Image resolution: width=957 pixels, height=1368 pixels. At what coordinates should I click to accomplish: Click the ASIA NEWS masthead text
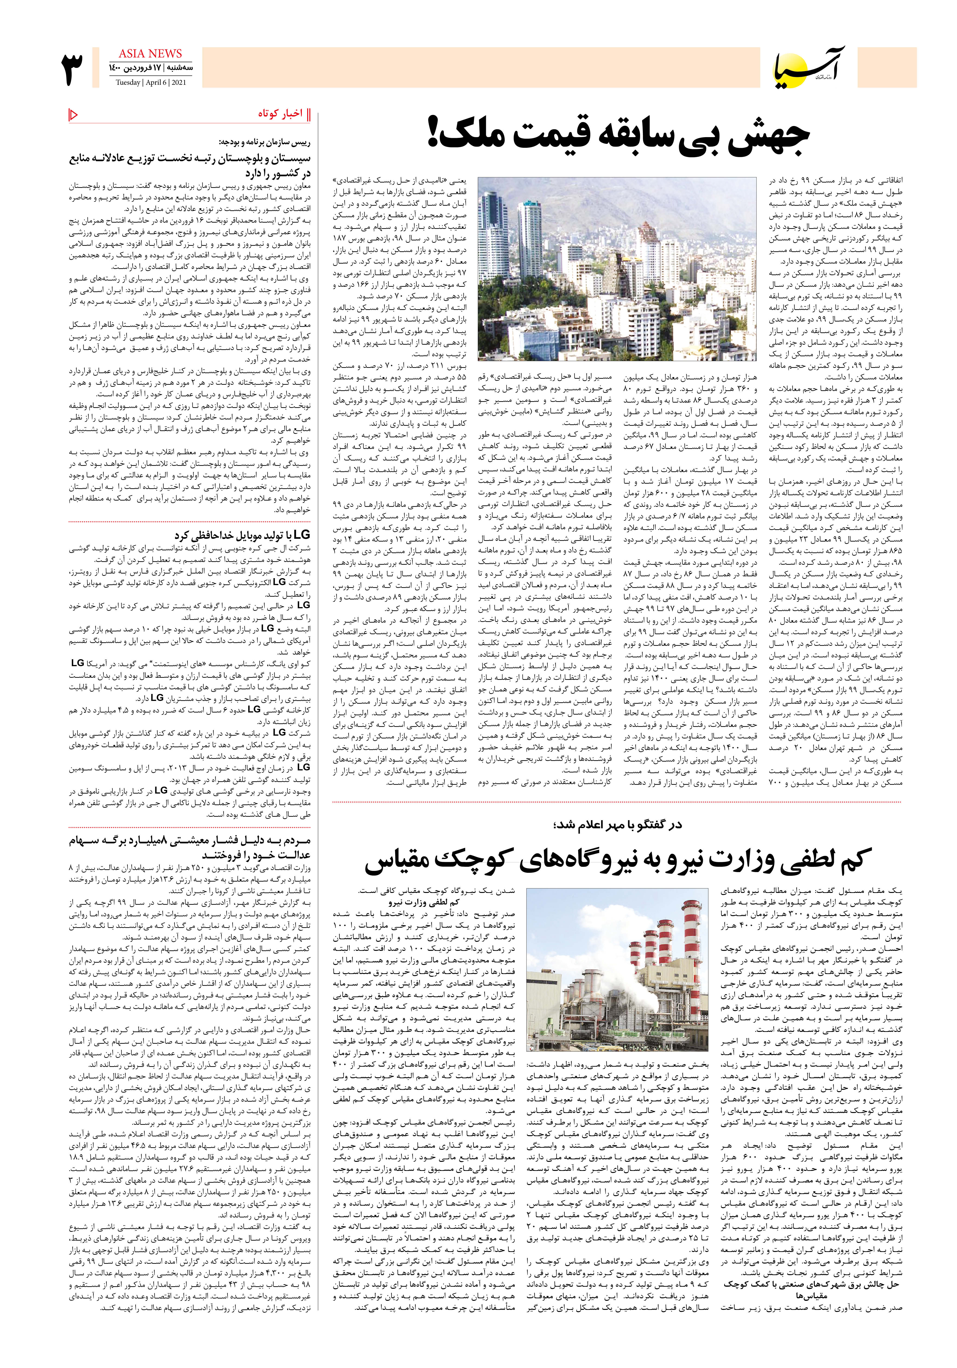(150, 54)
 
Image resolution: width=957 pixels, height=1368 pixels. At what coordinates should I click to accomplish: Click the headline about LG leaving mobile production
(242, 534)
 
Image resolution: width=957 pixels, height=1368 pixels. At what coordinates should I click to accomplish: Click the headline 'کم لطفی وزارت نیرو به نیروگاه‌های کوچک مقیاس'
(618, 860)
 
